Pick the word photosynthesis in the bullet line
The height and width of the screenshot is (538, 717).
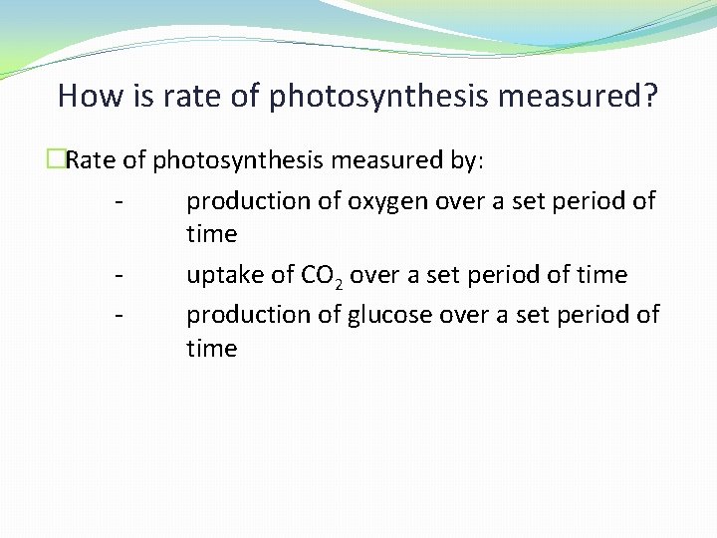click(240, 159)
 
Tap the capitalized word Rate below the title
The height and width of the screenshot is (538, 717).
click(92, 159)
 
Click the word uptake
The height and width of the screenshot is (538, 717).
click(223, 275)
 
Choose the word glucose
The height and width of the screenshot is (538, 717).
click(388, 315)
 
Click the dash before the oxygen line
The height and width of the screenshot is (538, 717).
click(119, 201)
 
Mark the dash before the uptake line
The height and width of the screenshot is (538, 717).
click(119, 275)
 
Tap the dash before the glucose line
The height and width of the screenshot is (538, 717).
click(119, 315)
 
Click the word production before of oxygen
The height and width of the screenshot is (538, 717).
click(249, 201)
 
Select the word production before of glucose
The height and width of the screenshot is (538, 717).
click(249, 315)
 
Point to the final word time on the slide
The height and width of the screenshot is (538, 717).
click(212, 349)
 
